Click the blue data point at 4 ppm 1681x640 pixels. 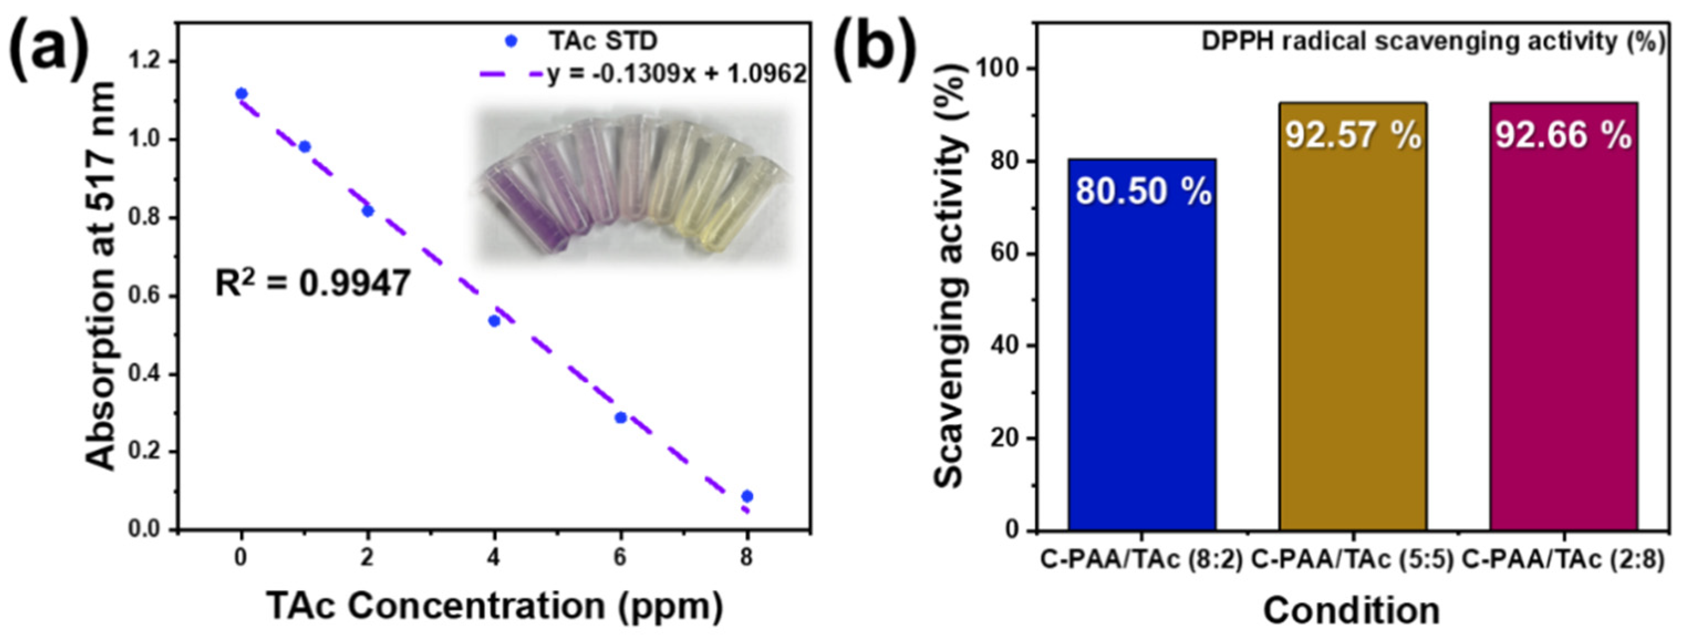pyautogui.click(x=494, y=320)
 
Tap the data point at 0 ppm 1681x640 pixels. pyautogui.click(x=241, y=94)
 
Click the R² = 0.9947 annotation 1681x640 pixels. pyautogui.click(x=313, y=284)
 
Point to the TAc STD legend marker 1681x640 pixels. pyautogui.click(x=512, y=41)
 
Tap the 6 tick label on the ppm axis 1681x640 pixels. pyautogui.click(x=621, y=557)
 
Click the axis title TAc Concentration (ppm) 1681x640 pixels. pyautogui.click(x=495, y=606)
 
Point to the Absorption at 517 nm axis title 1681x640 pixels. pyautogui.click(x=102, y=276)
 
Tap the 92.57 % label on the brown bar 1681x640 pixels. pyautogui.click(x=1353, y=136)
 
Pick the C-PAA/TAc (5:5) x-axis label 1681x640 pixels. pyautogui.click(x=1352, y=560)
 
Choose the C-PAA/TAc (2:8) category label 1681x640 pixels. pyautogui.click(x=1563, y=560)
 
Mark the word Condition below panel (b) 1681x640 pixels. pyautogui.click(x=1351, y=611)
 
